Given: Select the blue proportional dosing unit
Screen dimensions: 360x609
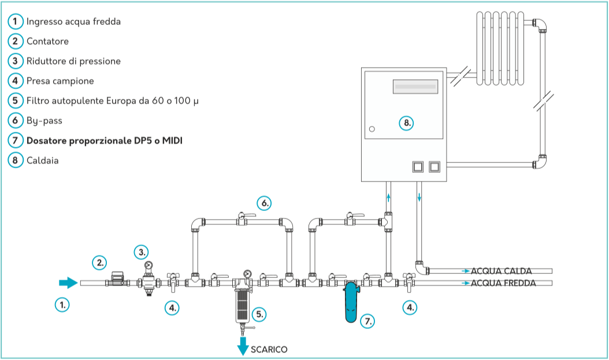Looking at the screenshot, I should (351, 302).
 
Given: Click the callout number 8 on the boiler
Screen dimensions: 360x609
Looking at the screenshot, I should (407, 123).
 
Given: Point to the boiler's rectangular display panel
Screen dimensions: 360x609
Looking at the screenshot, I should (414, 87).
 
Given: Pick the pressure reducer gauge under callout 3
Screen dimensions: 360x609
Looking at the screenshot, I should (149, 266).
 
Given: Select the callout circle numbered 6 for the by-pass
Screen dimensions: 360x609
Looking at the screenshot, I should (264, 203).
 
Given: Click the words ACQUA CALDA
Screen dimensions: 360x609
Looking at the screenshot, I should (501, 271).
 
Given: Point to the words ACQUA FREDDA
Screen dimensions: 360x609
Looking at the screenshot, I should (503, 283).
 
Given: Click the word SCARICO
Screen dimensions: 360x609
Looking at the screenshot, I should (269, 349).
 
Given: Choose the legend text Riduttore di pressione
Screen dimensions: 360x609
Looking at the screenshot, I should (73, 61).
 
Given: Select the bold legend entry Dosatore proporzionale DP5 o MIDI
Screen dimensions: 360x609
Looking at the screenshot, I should (104, 140).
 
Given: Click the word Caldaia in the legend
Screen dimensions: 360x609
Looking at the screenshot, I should (42, 160).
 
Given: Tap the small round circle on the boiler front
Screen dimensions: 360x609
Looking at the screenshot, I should (372, 129).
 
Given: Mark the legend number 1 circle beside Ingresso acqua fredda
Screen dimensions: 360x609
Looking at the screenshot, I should (16, 22).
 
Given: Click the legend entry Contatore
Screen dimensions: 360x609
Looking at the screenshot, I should (47, 42).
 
